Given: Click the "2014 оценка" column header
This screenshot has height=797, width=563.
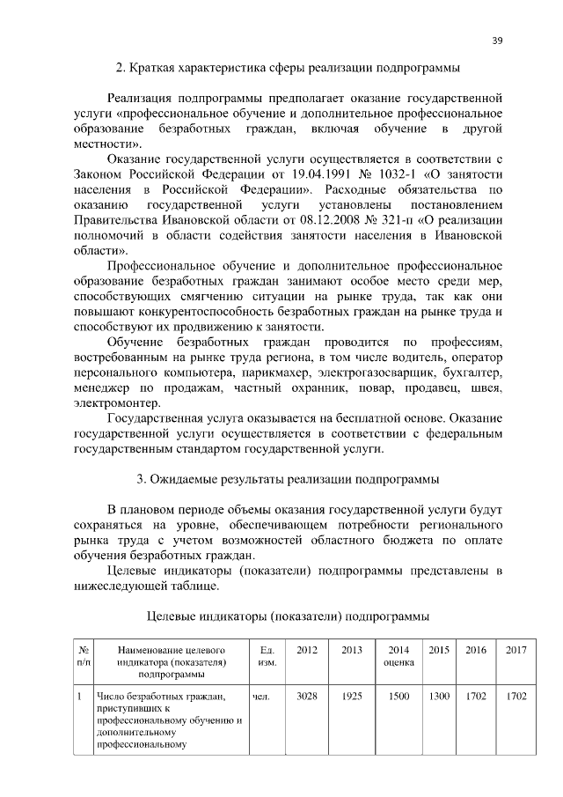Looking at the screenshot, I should (x=398, y=655).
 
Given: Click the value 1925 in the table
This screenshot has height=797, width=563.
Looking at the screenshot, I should (x=352, y=696).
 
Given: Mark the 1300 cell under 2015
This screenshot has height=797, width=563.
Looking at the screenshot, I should (x=438, y=696).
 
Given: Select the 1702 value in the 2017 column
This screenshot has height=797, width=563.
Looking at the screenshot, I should (x=516, y=696).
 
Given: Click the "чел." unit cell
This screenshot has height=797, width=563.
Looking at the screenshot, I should (x=260, y=696).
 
